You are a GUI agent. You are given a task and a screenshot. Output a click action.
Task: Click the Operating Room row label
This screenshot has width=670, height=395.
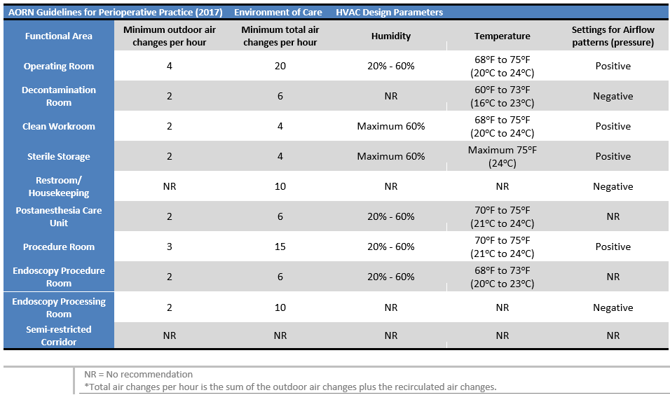(x=59, y=67)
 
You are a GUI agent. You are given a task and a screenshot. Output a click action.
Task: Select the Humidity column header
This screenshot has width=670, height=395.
(x=391, y=36)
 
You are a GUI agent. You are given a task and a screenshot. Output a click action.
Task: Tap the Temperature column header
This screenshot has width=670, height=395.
(x=502, y=36)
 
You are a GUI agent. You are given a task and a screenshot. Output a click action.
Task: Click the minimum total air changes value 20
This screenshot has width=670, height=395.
(x=280, y=67)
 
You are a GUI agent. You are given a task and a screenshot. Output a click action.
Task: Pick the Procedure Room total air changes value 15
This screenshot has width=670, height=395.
(x=280, y=247)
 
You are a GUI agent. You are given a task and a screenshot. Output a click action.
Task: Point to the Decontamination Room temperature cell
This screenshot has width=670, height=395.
(x=502, y=97)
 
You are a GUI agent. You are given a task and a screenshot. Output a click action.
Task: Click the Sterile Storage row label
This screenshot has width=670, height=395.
(x=59, y=157)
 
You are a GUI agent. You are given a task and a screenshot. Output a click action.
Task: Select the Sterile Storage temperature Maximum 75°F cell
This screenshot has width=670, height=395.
(x=502, y=157)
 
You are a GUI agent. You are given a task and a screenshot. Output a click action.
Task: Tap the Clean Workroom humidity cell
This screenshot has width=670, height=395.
(x=391, y=127)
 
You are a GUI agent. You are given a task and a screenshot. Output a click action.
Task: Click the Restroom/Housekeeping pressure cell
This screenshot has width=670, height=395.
(x=613, y=187)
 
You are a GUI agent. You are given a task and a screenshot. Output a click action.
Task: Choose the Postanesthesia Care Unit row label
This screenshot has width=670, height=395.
(x=59, y=216)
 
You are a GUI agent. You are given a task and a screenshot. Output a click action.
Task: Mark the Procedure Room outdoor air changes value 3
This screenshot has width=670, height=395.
(x=169, y=247)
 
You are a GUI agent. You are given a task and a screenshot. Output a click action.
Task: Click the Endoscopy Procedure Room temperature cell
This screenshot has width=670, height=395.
(x=502, y=277)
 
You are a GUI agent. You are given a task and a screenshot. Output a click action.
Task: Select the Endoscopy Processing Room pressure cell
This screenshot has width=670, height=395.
(x=613, y=308)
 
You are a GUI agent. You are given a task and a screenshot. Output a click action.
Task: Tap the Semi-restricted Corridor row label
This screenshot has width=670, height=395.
(x=59, y=335)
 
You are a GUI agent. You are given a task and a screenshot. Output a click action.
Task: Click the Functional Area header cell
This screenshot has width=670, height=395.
(x=59, y=36)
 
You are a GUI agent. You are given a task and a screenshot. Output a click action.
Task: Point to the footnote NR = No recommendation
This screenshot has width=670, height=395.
(x=138, y=375)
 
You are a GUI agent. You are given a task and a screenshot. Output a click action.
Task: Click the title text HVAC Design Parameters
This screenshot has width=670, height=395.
(x=389, y=13)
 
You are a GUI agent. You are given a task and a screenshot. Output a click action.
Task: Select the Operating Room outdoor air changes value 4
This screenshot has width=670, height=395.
(x=169, y=67)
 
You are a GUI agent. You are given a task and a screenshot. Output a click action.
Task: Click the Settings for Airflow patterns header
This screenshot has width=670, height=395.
(x=613, y=36)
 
